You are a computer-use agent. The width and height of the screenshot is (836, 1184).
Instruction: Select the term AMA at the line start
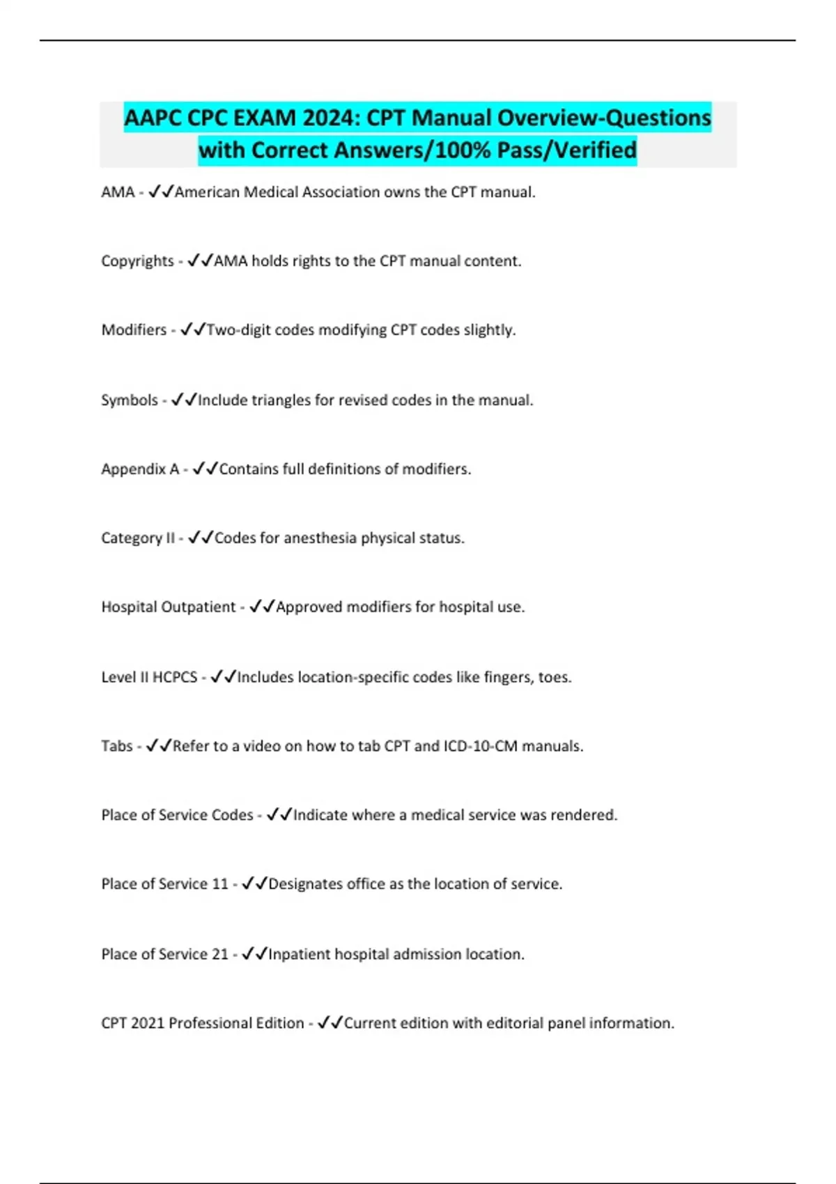118,192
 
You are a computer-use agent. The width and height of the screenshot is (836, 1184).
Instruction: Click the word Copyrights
137,261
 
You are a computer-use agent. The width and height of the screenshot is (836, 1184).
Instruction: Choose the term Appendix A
140,469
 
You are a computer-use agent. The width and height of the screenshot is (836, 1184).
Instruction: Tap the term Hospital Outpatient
169,607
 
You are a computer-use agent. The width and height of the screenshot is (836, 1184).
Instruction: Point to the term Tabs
116,747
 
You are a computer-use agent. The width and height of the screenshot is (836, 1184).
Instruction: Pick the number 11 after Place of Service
219,885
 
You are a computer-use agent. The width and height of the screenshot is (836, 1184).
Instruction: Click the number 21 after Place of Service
219,954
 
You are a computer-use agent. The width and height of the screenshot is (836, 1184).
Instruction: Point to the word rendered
583,816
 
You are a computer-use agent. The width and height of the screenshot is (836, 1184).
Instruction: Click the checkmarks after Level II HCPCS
224,677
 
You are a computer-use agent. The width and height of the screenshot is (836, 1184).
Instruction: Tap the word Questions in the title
658,118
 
